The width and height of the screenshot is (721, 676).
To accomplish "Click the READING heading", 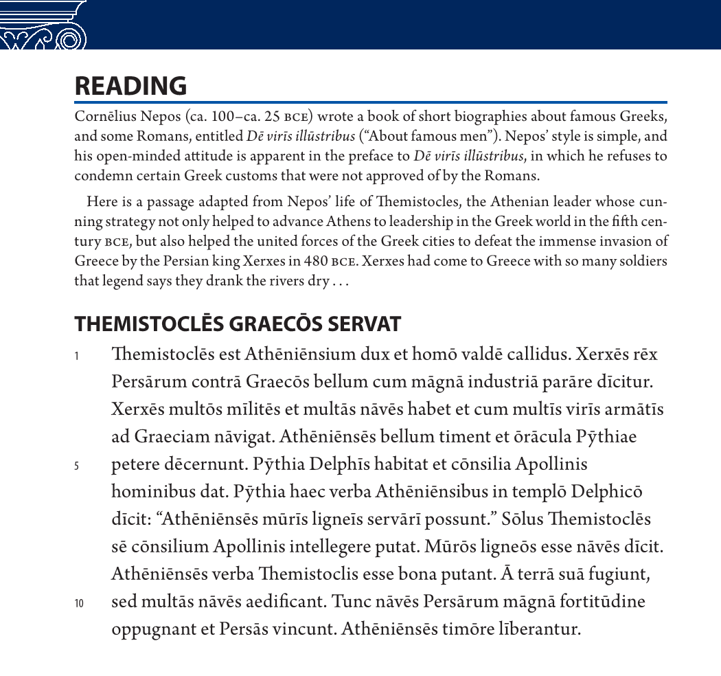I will pyautogui.click(x=130, y=86).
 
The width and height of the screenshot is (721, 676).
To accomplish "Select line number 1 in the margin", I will pyautogui.click(x=77, y=356).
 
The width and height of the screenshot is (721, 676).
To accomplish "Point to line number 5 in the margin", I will pyautogui.click(x=77, y=466).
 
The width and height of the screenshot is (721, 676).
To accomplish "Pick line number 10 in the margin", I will pyautogui.click(x=78, y=603).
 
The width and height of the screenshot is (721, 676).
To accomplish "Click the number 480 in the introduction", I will pyautogui.click(x=315, y=262).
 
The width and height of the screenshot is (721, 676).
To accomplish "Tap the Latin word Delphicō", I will pyautogui.click(x=606, y=491).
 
